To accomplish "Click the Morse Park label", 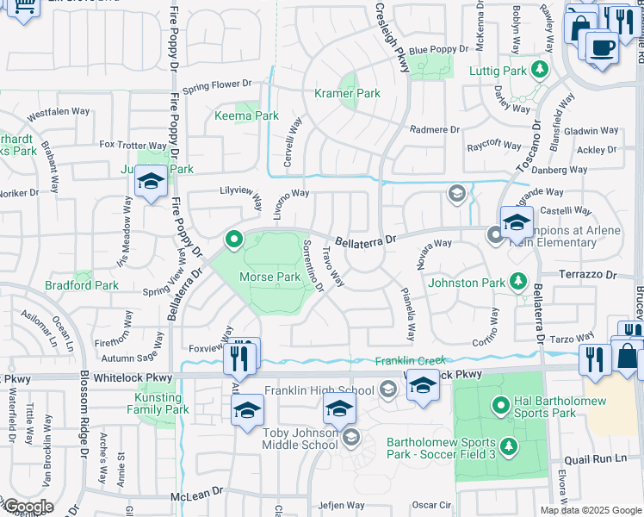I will (x=269, y=277).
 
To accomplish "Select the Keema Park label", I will (x=246, y=115).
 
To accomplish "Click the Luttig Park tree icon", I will (x=540, y=68).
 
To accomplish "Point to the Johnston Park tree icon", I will (x=518, y=281).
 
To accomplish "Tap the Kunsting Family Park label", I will (x=158, y=403).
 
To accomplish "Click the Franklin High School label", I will (x=319, y=391).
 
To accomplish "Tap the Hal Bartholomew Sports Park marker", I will (x=500, y=403).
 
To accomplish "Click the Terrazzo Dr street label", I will (x=588, y=275).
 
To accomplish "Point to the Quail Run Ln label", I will (x=597, y=460).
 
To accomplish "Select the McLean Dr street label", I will (x=197, y=495).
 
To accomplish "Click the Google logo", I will (x=28, y=507).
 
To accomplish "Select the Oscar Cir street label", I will (x=432, y=505).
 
